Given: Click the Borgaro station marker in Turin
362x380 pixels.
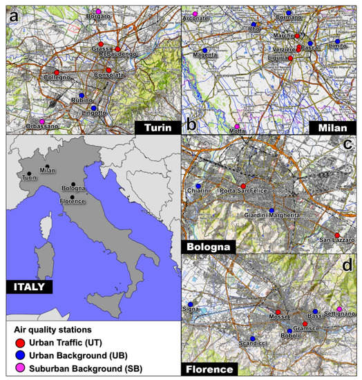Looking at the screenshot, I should point(98,12).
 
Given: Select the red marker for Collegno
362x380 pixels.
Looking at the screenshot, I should point(56,73).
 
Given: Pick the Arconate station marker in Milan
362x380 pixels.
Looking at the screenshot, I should point(195,14).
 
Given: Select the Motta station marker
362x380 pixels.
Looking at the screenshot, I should point(237,126).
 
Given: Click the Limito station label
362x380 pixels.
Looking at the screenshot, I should point(338,46).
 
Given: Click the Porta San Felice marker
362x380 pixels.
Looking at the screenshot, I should point(243,186).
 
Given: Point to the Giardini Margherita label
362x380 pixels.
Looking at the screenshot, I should point(273,217).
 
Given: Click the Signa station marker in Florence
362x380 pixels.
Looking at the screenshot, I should point(190,303).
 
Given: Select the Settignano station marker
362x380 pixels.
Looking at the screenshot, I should point(339,308).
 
